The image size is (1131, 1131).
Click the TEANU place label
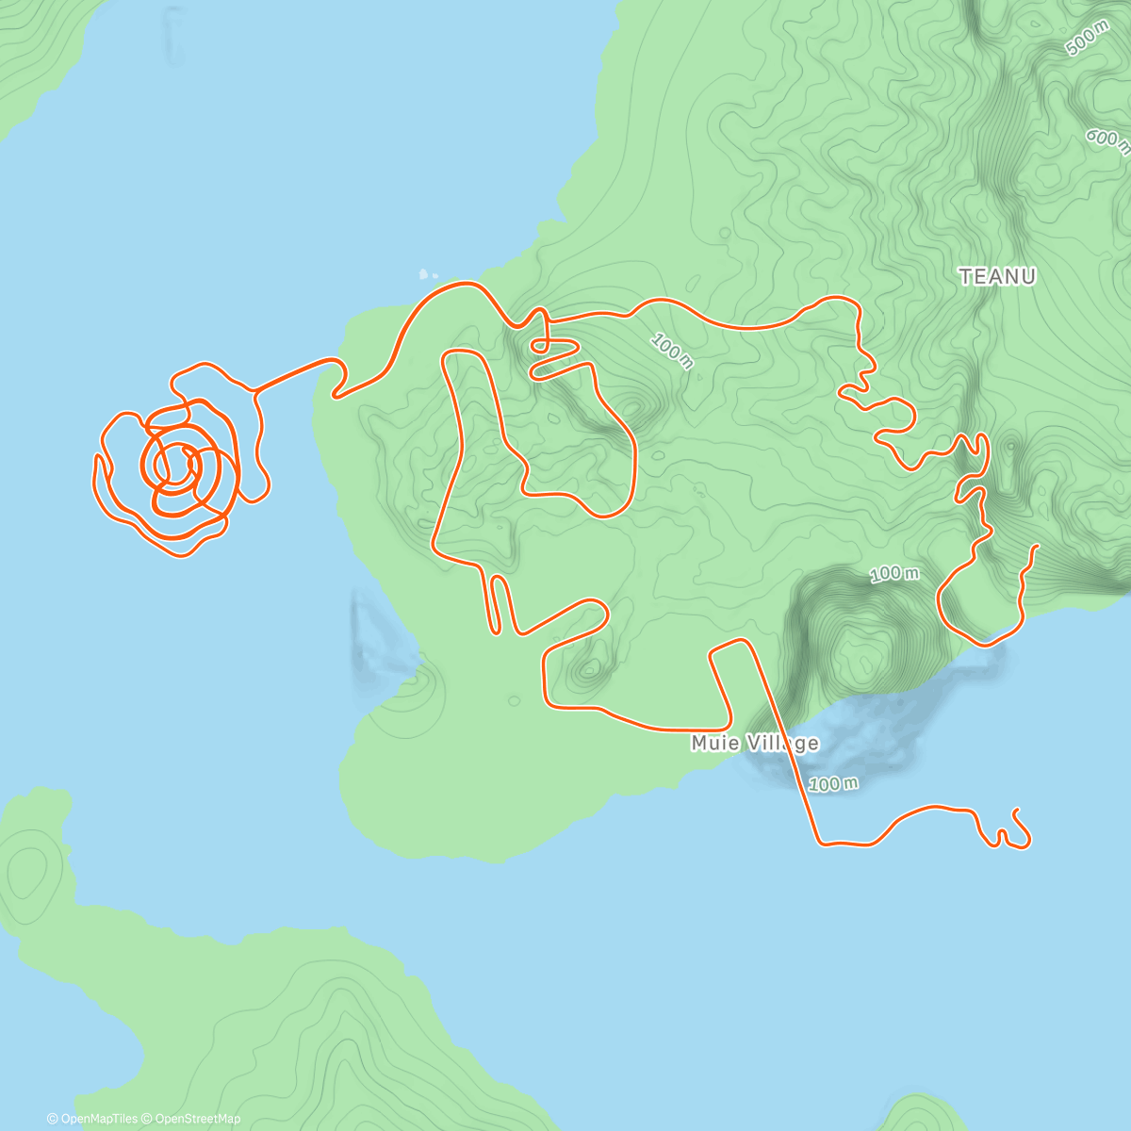997,276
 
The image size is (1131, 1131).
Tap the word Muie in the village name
712,744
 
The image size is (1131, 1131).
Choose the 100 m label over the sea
833,784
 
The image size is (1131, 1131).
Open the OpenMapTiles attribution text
92,1119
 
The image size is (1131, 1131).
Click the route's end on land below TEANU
1037,546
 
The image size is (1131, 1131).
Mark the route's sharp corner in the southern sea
820,842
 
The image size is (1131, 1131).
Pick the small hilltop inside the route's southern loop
591,670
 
